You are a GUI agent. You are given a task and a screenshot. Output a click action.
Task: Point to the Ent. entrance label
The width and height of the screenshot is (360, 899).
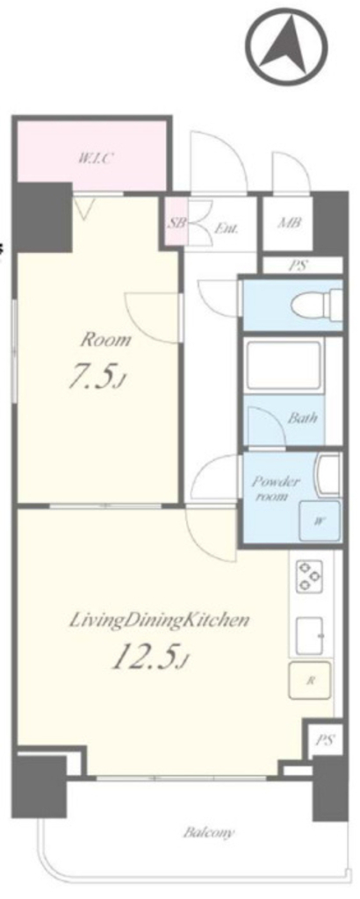(x=227, y=228)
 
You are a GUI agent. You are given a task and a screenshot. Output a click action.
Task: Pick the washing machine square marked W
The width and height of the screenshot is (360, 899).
(x=319, y=521)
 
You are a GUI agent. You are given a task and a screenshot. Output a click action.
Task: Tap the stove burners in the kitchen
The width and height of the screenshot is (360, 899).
(x=310, y=575)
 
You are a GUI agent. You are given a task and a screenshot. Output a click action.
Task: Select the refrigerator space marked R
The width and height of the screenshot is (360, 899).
(x=310, y=680)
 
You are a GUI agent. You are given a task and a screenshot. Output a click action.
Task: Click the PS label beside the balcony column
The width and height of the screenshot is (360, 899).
(x=324, y=739)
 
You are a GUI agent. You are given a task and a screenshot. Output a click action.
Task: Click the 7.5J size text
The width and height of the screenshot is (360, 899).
(x=97, y=378)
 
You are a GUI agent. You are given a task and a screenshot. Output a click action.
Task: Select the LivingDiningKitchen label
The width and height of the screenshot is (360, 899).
(x=159, y=621)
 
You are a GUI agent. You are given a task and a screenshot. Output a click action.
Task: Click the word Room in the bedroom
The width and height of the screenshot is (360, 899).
(x=104, y=340)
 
